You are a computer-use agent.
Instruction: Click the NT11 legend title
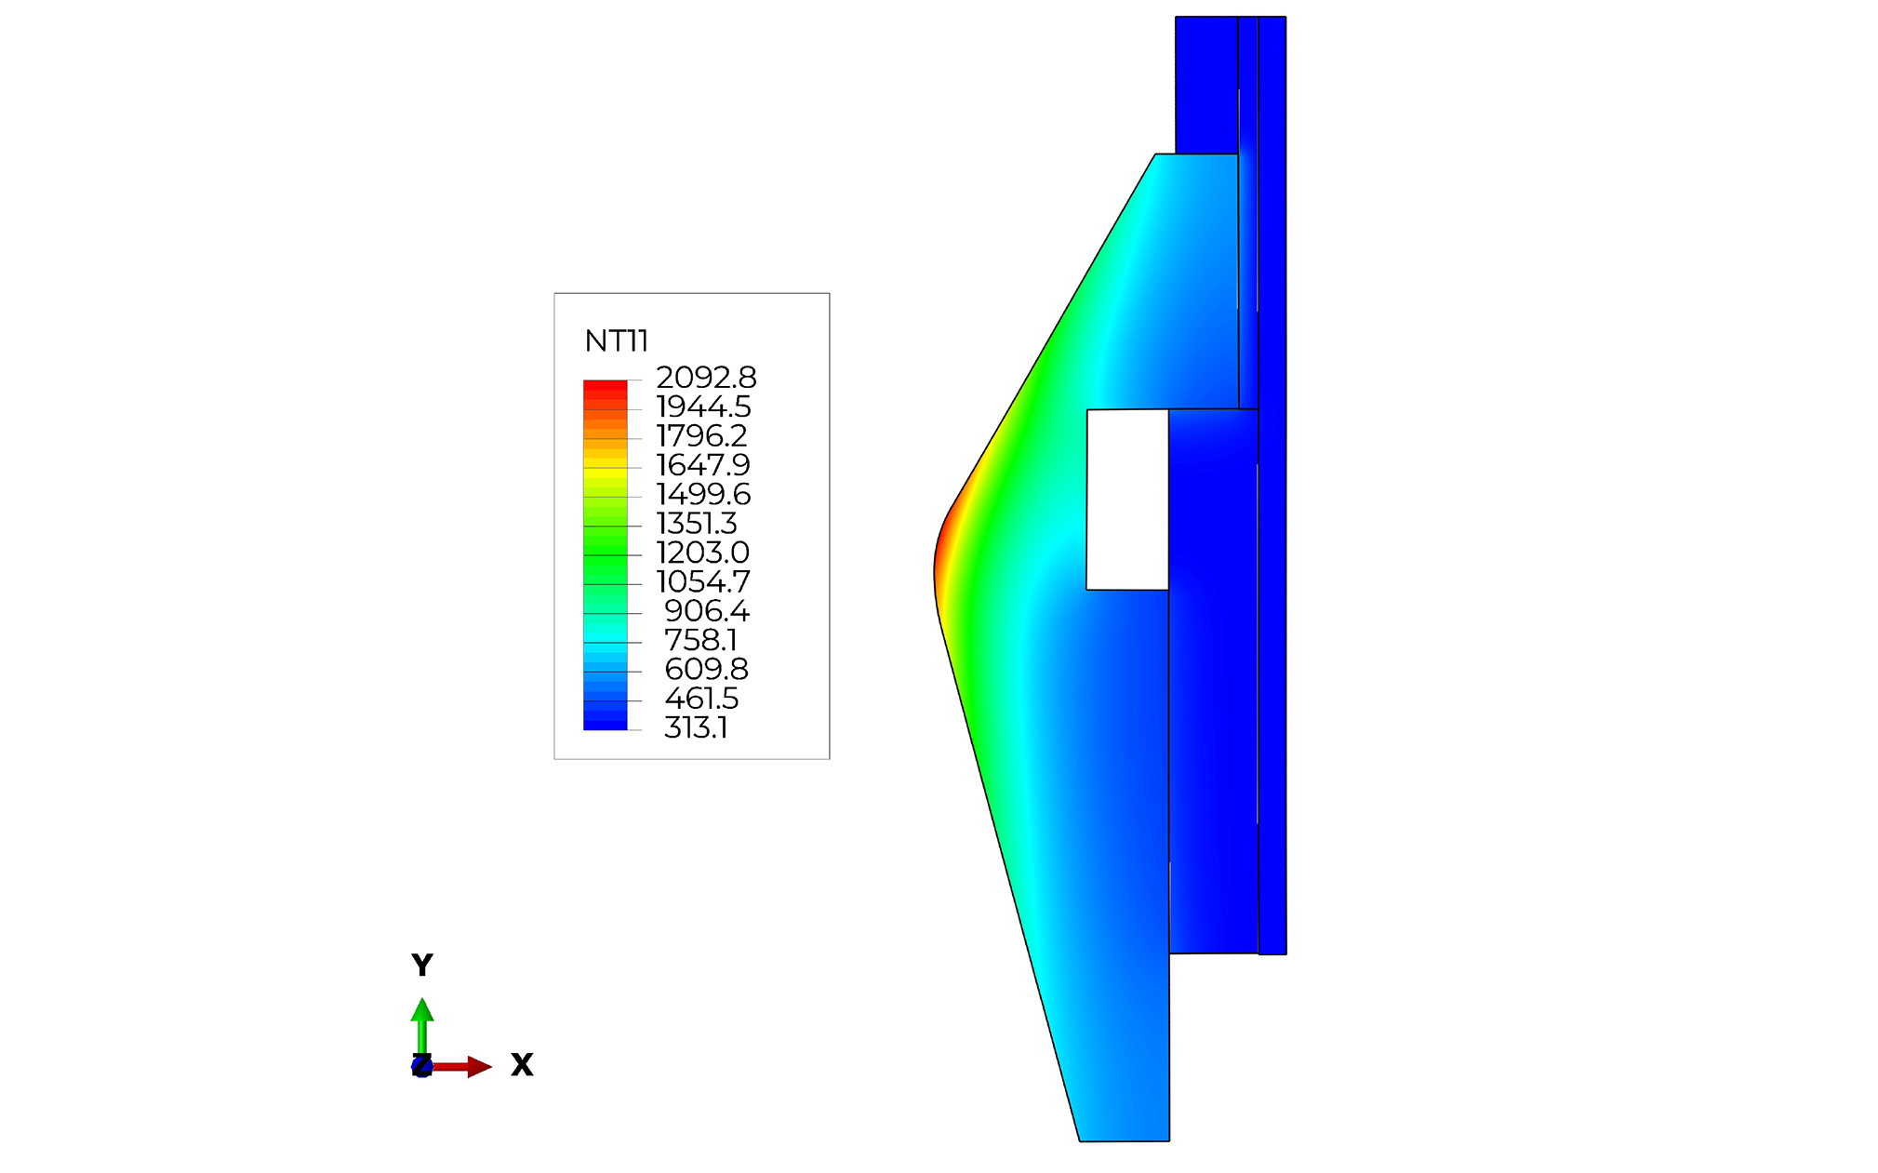click(x=616, y=341)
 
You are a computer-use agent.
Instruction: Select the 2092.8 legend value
click(x=706, y=378)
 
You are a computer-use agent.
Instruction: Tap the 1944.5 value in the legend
click(x=703, y=407)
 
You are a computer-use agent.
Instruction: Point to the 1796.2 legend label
click(x=701, y=435)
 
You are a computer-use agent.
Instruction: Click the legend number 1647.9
click(x=702, y=465)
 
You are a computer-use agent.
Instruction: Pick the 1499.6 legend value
click(x=703, y=494)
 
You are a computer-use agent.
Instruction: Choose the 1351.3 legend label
click(x=697, y=523)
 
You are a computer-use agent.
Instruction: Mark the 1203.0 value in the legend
click(x=702, y=553)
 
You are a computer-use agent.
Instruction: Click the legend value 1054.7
click(x=702, y=581)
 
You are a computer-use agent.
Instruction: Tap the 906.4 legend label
click(x=706, y=611)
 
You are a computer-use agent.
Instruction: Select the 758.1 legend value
click(x=700, y=640)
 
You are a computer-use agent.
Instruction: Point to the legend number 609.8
click(x=706, y=669)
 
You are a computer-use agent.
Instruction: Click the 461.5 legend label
click(x=701, y=699)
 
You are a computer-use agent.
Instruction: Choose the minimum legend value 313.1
click(x=696, y=727)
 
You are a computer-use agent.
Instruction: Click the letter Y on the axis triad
click(x=422, y=966)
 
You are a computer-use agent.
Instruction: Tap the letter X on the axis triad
click(x=522, y=1065)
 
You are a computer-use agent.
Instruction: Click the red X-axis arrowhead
click(x=479, y=1067)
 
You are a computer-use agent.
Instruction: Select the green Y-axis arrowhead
click(x=422, y=1010)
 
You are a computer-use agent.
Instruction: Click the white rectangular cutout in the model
click(x=1127, y=500)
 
